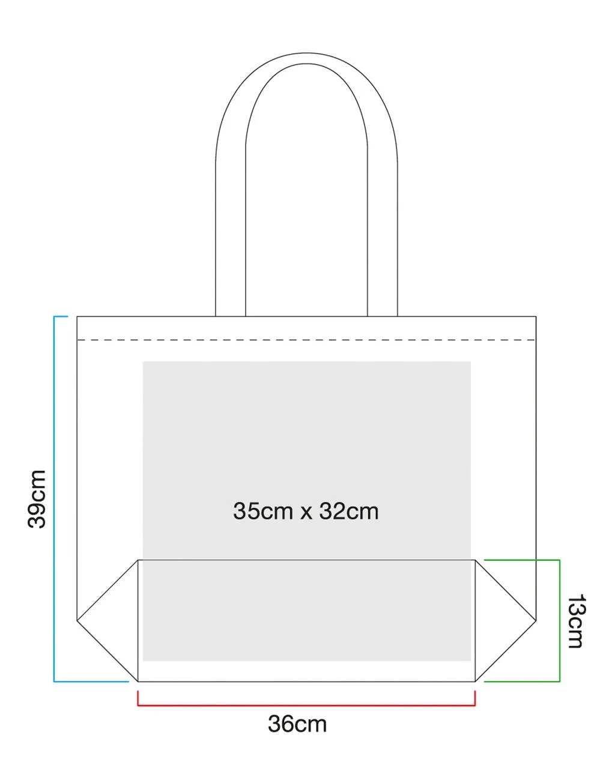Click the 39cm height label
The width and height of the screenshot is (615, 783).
coord(37,499)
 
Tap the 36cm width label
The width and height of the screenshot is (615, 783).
coord(297,724)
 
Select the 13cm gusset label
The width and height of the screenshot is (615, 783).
coord(575,621)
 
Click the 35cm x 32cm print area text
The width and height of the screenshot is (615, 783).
coord(306,512)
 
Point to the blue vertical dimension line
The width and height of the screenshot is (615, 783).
coord(54,498)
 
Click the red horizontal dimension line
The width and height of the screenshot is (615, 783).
coord(306,706)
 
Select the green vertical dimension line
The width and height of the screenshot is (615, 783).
coord(560,621)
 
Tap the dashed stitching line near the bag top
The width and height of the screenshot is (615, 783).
coord(306,340)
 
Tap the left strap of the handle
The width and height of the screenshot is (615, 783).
coord(230,240)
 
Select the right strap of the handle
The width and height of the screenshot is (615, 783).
coord(383,240)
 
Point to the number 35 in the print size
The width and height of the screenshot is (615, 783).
coord(245,512)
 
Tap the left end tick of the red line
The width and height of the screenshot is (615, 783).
coord(138,698)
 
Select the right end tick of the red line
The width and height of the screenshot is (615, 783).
coord(475,698)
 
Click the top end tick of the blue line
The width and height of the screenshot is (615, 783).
coord(61,316)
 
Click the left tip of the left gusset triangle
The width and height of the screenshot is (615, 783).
coord(78,619)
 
